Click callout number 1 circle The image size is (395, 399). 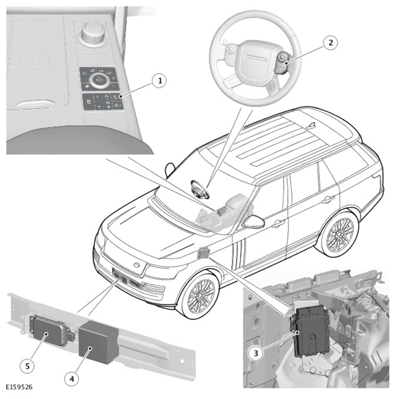tap(160, 81)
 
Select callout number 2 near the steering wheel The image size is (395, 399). tap(330, 42)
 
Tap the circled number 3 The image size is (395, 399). tap(255, 353)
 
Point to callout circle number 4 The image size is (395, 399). tap(72, 379)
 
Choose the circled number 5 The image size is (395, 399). tap(27, 366)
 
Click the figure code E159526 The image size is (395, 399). tap(19, 387)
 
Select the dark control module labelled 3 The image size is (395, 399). tap(311, 331)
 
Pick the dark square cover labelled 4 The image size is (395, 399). tap(98, 342)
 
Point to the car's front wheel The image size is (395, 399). tap(200, 296)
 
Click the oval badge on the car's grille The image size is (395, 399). tap(137, 265)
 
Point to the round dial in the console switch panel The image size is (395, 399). tap(99, 79)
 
